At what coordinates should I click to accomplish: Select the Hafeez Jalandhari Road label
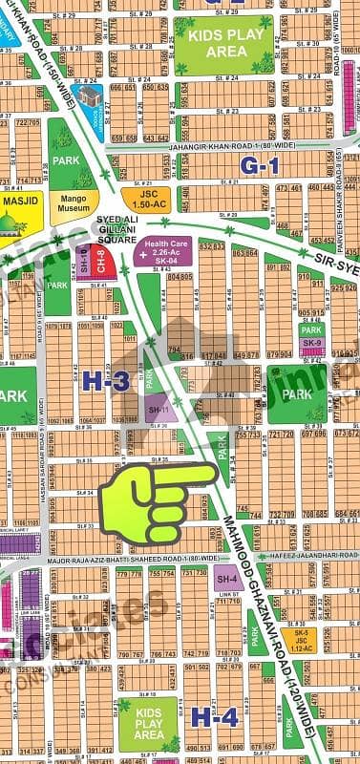click(x=297, y=543)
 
